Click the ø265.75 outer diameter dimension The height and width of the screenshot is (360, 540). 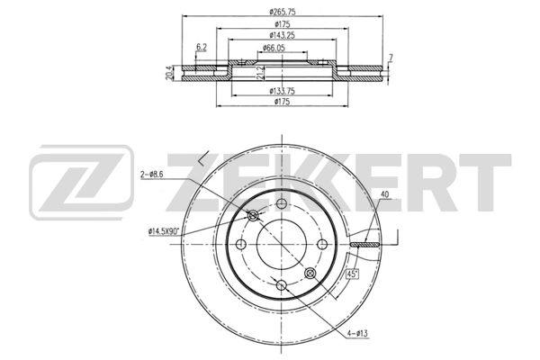(x=282, y=11)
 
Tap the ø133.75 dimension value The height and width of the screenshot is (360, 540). (x=282, y=91)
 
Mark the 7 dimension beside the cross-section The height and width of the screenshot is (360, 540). (x=391, y=58)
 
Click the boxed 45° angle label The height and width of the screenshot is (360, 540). (x=354, y=274)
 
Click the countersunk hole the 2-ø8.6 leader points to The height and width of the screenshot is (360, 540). (x=254, y=214)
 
